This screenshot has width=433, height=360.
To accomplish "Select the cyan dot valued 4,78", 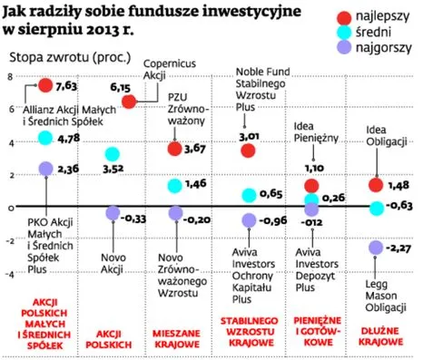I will click(45, 138).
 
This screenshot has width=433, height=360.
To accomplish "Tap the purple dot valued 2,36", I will click(45, 169).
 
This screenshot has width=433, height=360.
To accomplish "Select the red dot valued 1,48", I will click(376, 186).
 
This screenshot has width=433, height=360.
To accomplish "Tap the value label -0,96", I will click(272, 219).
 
